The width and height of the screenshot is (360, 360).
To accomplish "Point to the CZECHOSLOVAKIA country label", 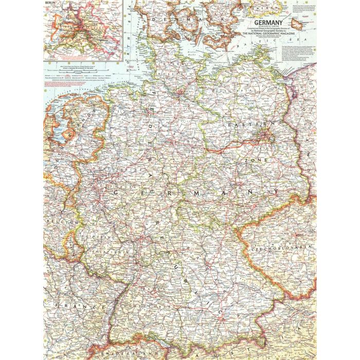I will click(282, 247).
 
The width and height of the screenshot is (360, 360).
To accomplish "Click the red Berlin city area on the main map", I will click(265, 136).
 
